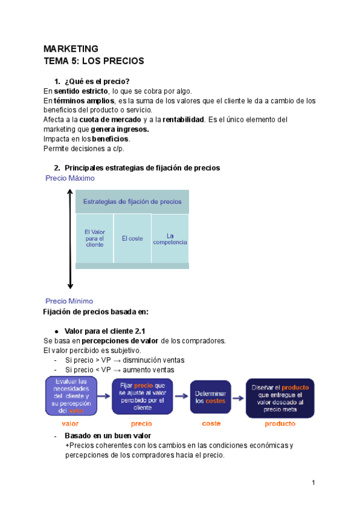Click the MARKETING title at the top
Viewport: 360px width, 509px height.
(71, 49)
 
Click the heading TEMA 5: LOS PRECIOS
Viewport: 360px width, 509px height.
(94, 61)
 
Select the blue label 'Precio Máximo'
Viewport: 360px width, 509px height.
(70, 178)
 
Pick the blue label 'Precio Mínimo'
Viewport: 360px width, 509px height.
(70, 301)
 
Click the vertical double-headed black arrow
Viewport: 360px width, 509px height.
(70, 239)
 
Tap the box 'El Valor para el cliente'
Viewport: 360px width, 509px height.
(94, 238)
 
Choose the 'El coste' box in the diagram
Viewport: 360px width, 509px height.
(132, 238)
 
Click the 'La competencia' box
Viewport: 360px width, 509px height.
(170, 238)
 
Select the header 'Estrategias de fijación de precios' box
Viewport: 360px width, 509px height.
(132, 202)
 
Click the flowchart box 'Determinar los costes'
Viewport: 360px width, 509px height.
(211, 397)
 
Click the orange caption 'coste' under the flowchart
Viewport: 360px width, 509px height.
(211, 423)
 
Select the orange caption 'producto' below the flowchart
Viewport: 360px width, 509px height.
(280, 423)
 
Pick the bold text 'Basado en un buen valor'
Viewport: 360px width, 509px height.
(107, 435)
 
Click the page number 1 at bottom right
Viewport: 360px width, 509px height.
(313, 483)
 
